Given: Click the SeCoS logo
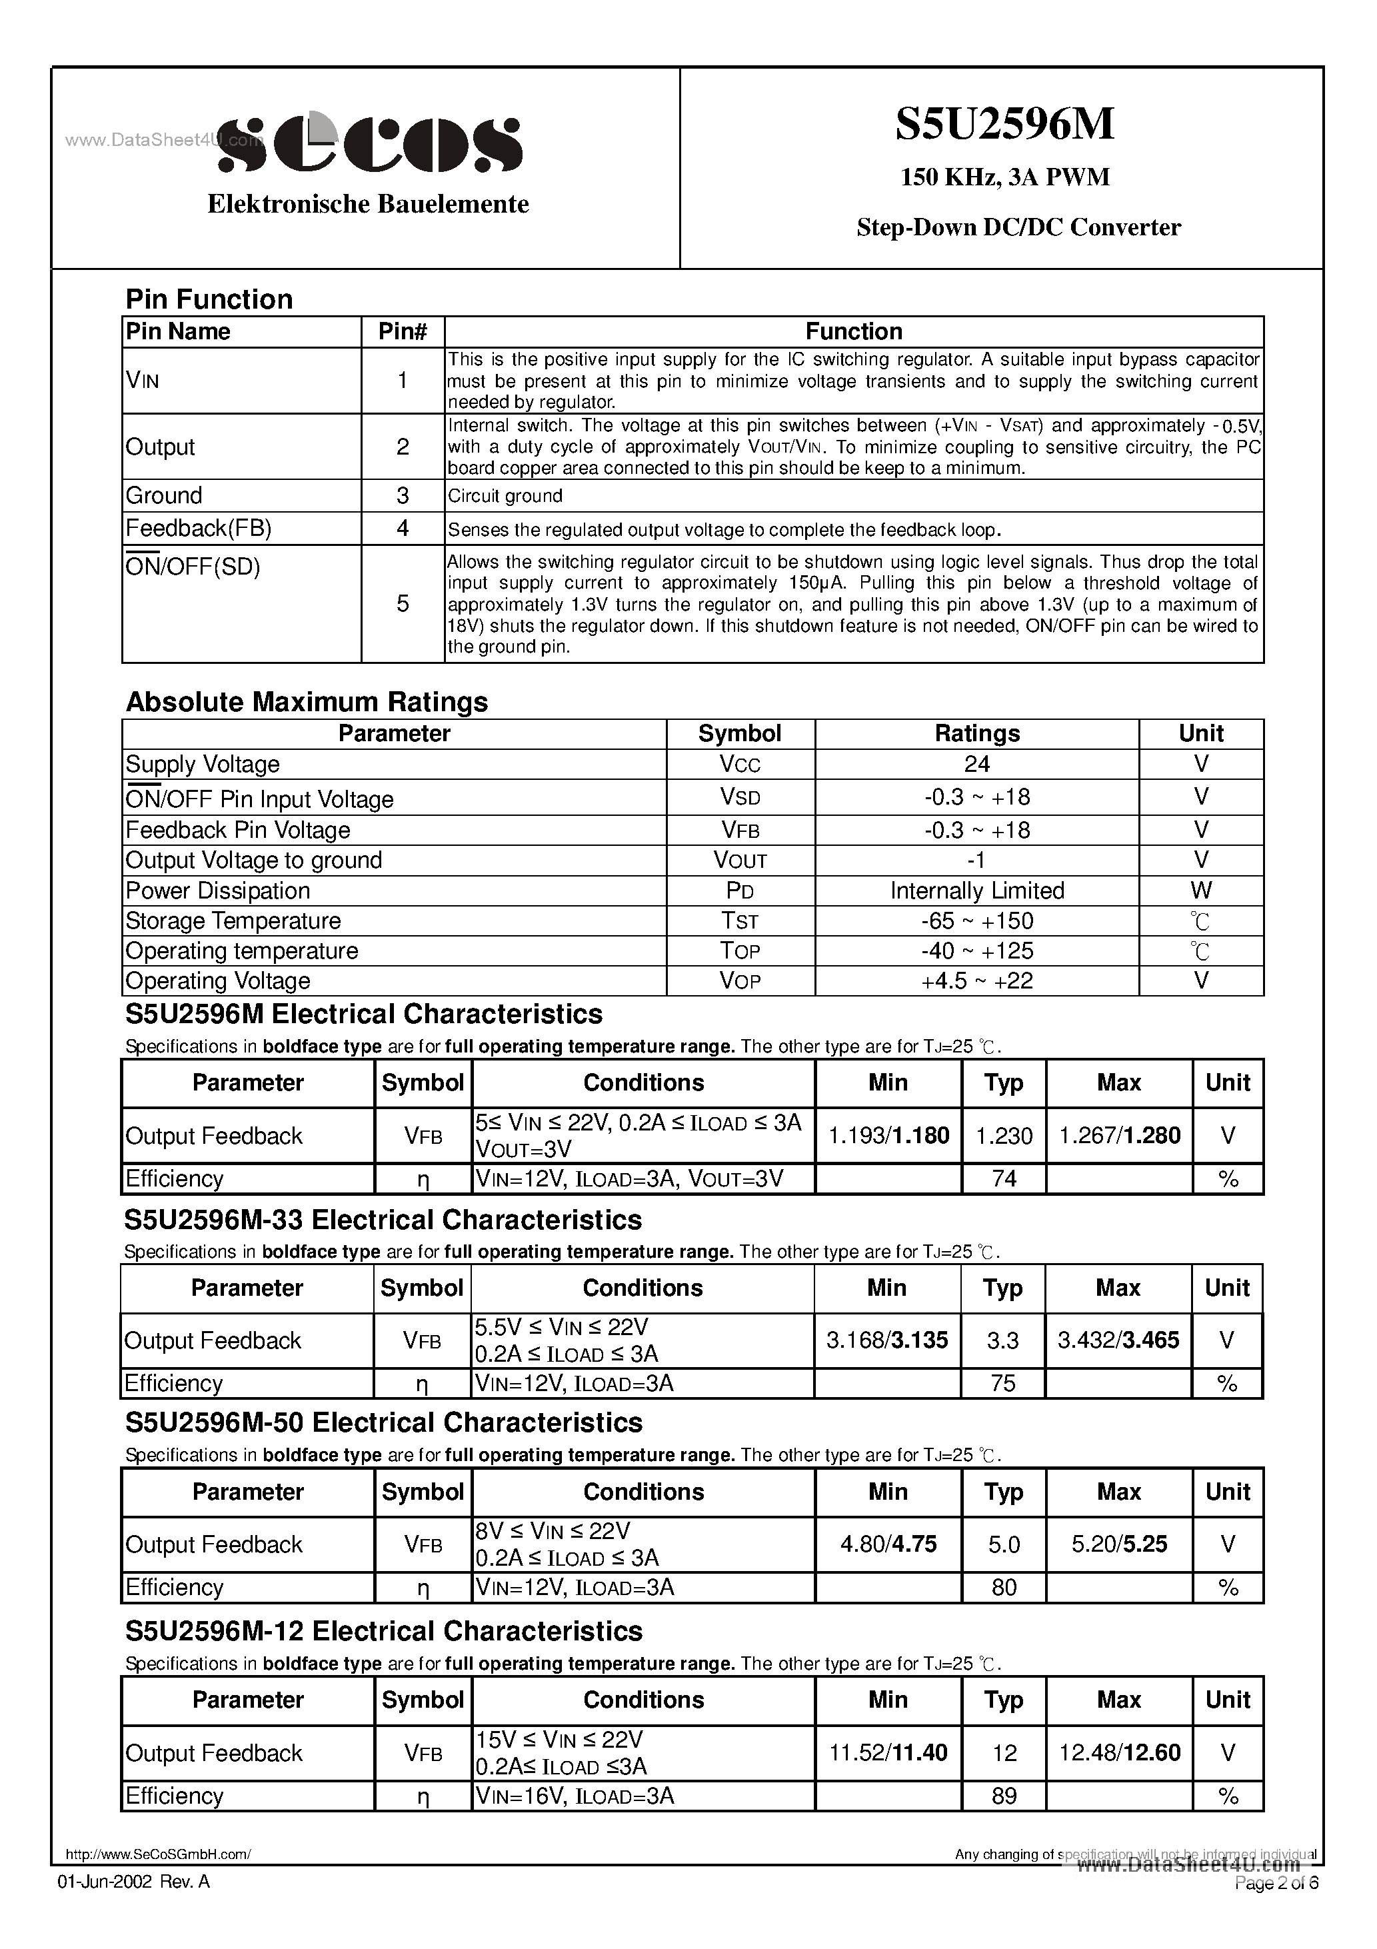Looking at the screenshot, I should pyautogui.click(x=370, y=143).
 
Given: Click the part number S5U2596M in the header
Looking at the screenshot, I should pyautogui.click(x=1004, y=125).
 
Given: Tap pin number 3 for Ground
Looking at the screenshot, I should pyautogui.click(x=403, y=496).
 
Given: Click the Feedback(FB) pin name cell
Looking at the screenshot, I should pyautogui.click(x=199, y=529).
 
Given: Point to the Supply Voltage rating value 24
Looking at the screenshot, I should pyautogui.click(x=976, y=764).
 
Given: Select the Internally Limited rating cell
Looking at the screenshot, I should pyautogui.click(x=976, y=891).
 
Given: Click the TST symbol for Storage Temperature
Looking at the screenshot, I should pyautogui.click(x=739, y=921).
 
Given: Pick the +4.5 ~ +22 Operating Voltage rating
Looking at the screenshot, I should pyautogui.click(x=976, y=981).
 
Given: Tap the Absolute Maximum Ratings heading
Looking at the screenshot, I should pyautogui.click(x=307, y=702).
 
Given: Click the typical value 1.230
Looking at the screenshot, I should pyautogui.click(x=1004, y=1136).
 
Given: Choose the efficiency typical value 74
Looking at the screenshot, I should pyautogui.click(x=1004, y=1179).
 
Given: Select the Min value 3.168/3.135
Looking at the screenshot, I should pyautogui.click(x=886, y=1340).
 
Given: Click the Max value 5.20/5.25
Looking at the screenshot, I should pyautogui.click(x=1118, y=1544).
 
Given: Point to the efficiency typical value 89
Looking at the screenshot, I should pyautogui.click(x=1004, y=1796).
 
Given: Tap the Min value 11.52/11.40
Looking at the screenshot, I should pyautogui.click(x=887, y=1753).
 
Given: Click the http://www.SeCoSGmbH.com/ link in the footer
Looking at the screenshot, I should pyautogui.click(x=158, y=1856).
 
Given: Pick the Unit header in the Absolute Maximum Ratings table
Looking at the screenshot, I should pyautogui.click(x=1200, y=733).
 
